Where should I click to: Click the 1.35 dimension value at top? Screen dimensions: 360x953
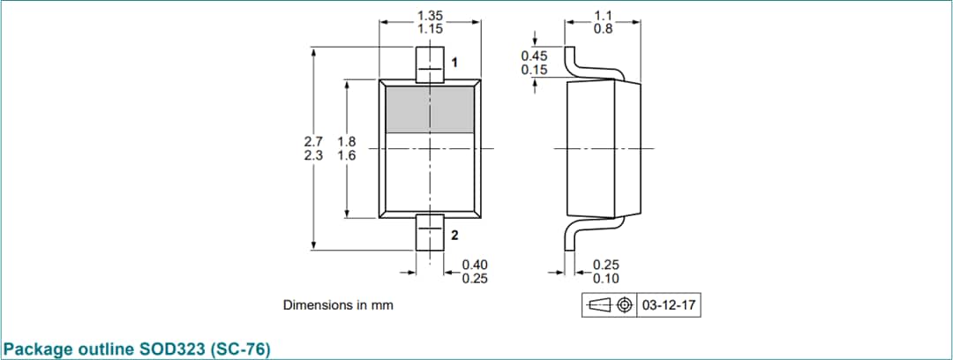tap(430, 15)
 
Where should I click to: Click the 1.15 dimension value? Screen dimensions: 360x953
tap(430, 28)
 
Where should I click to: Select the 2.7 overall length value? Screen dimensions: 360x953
tap(313, 141)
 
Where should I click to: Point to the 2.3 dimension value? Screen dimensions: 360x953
tap(313, 155)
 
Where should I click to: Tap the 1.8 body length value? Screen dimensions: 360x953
tap(346, 141)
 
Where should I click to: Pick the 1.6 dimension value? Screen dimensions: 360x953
tap(346, 155)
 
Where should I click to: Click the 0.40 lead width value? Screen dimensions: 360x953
tap(476, 265)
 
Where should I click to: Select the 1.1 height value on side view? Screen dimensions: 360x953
tap(603, 15)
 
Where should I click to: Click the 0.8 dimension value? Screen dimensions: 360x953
tap(603, 28)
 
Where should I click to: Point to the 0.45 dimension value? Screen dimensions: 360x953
tap(534, 56)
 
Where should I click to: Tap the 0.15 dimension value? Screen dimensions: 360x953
tap(534, 70)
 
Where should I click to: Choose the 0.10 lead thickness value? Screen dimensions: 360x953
tap(605, 279)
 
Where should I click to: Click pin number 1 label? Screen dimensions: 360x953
tap(454, 63)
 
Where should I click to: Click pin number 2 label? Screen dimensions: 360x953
tap(454, 236)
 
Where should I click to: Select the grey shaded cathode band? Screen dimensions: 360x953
tap(430, 110)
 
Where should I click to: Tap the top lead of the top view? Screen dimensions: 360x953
tap(430, 65)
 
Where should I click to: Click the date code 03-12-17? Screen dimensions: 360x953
tap(669, 305)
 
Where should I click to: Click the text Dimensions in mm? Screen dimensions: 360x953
tap(338, 305)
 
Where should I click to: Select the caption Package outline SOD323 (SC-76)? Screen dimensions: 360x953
tap(137, 349)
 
